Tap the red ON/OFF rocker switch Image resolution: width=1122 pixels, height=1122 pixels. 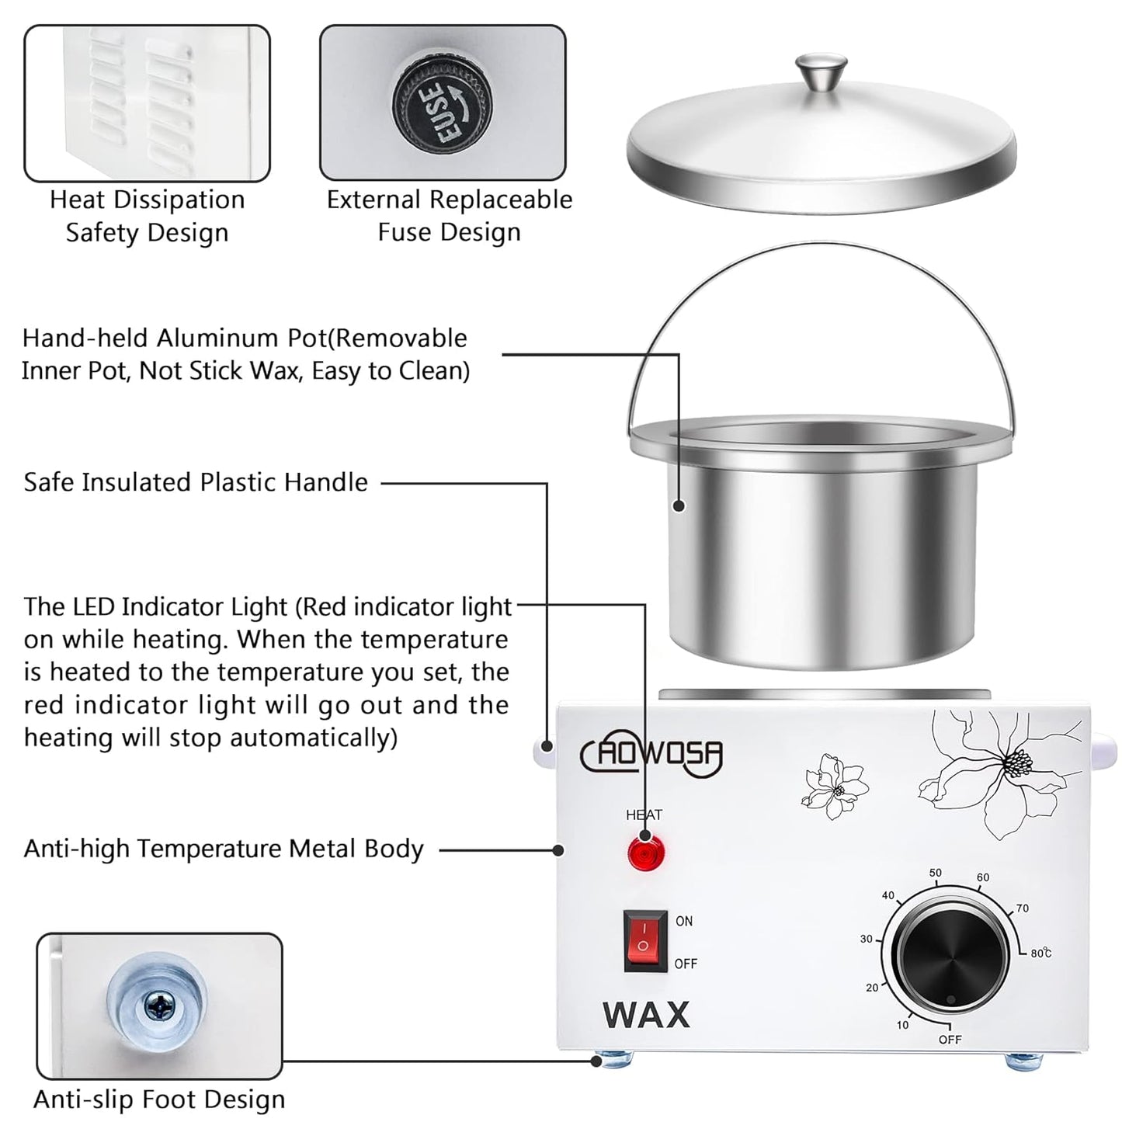pos(644,940)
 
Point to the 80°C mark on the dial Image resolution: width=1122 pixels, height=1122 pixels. pos(1040,953)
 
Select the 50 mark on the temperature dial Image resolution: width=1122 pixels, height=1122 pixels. pos(936,873)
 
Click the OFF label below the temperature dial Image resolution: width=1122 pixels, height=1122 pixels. pos(949,1039)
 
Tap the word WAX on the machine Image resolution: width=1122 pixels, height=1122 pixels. pos(646,1015)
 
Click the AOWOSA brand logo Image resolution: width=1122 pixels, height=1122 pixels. pos(652,755)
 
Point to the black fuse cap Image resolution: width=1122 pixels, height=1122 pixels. pos(443,102)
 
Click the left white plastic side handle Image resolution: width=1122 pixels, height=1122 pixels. pos(544,750)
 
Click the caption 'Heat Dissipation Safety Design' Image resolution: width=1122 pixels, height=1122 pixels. pos(147,216)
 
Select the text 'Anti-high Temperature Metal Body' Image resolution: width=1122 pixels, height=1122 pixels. pos(224,849)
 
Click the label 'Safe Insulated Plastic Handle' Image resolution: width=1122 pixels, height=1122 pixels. pos(196,482)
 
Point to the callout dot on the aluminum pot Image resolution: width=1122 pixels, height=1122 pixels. pos(679,505)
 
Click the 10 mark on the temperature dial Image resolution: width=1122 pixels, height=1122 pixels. pos(902,1025)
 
